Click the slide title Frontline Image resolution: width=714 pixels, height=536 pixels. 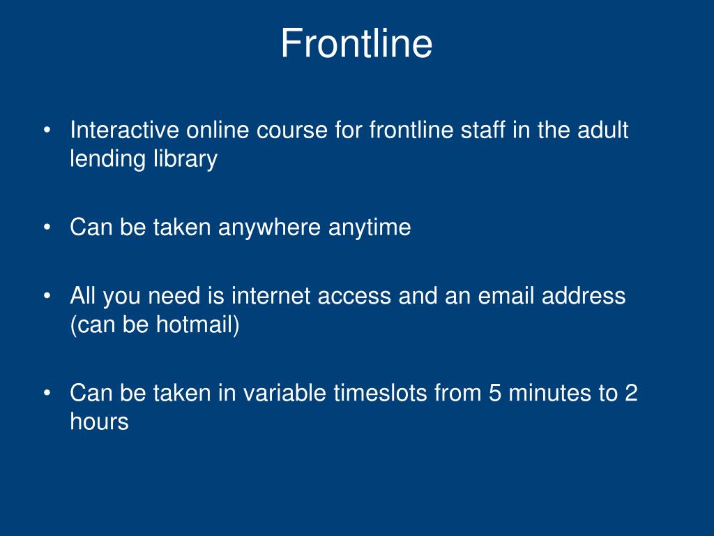tap(356, 43)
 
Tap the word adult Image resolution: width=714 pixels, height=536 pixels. tap(603, 130)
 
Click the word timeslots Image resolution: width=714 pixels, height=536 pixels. tap(380, 394)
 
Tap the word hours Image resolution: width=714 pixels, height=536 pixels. tap(99, 422)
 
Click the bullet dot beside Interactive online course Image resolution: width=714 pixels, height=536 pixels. tap(47, 131)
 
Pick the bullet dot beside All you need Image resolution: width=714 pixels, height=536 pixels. tap(47, 297)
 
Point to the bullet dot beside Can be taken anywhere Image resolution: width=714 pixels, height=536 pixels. tap(47, 228)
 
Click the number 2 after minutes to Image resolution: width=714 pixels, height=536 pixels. tap(630, 394)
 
